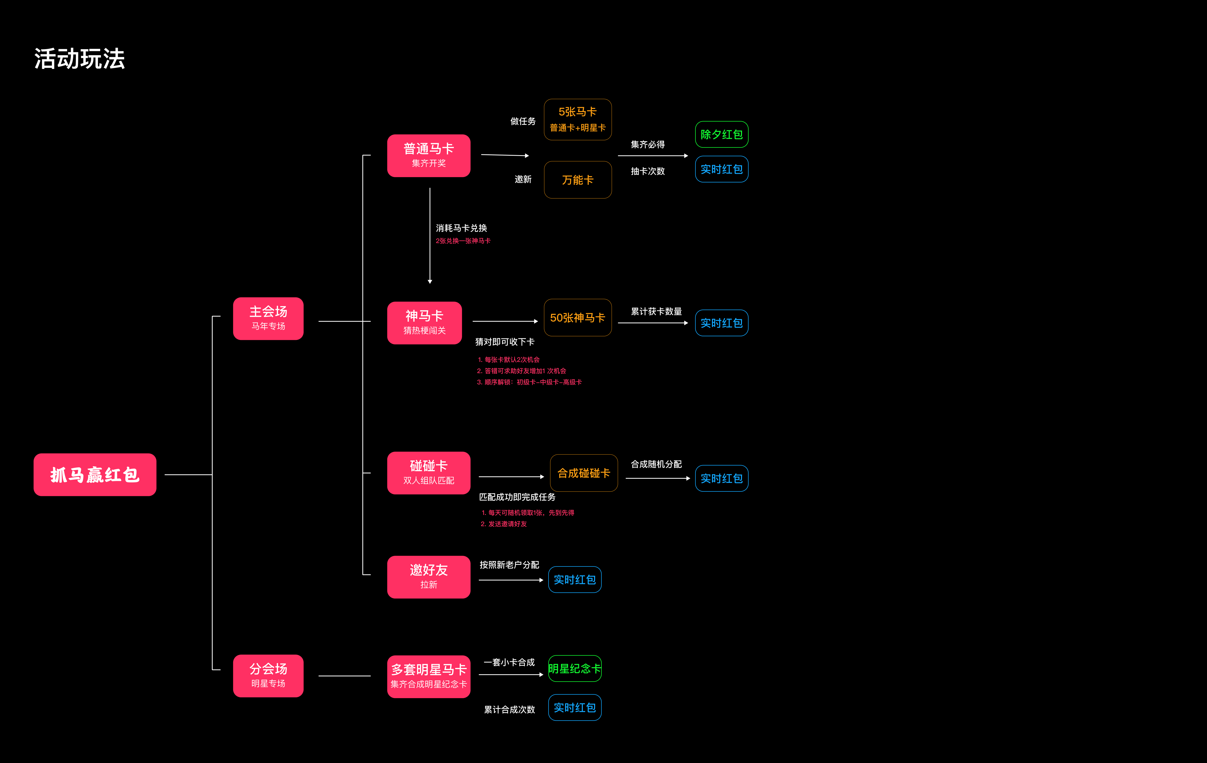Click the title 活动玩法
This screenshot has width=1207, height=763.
80,59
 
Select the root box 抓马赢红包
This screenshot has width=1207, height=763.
95,475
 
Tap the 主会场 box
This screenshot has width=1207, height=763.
268,318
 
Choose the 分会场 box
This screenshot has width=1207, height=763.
268,676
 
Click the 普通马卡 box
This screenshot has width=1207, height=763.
429,155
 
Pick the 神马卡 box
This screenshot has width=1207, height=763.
425,323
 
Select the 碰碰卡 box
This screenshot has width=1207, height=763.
429,473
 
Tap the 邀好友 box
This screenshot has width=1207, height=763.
429,577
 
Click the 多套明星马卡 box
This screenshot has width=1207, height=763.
429,676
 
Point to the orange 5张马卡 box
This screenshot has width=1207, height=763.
577,119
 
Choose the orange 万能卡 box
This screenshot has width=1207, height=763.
577,179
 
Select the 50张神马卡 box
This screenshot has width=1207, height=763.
577,317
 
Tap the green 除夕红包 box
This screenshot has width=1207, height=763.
721,134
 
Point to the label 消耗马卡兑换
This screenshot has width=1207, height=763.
461,228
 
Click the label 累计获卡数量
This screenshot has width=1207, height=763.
656,311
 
